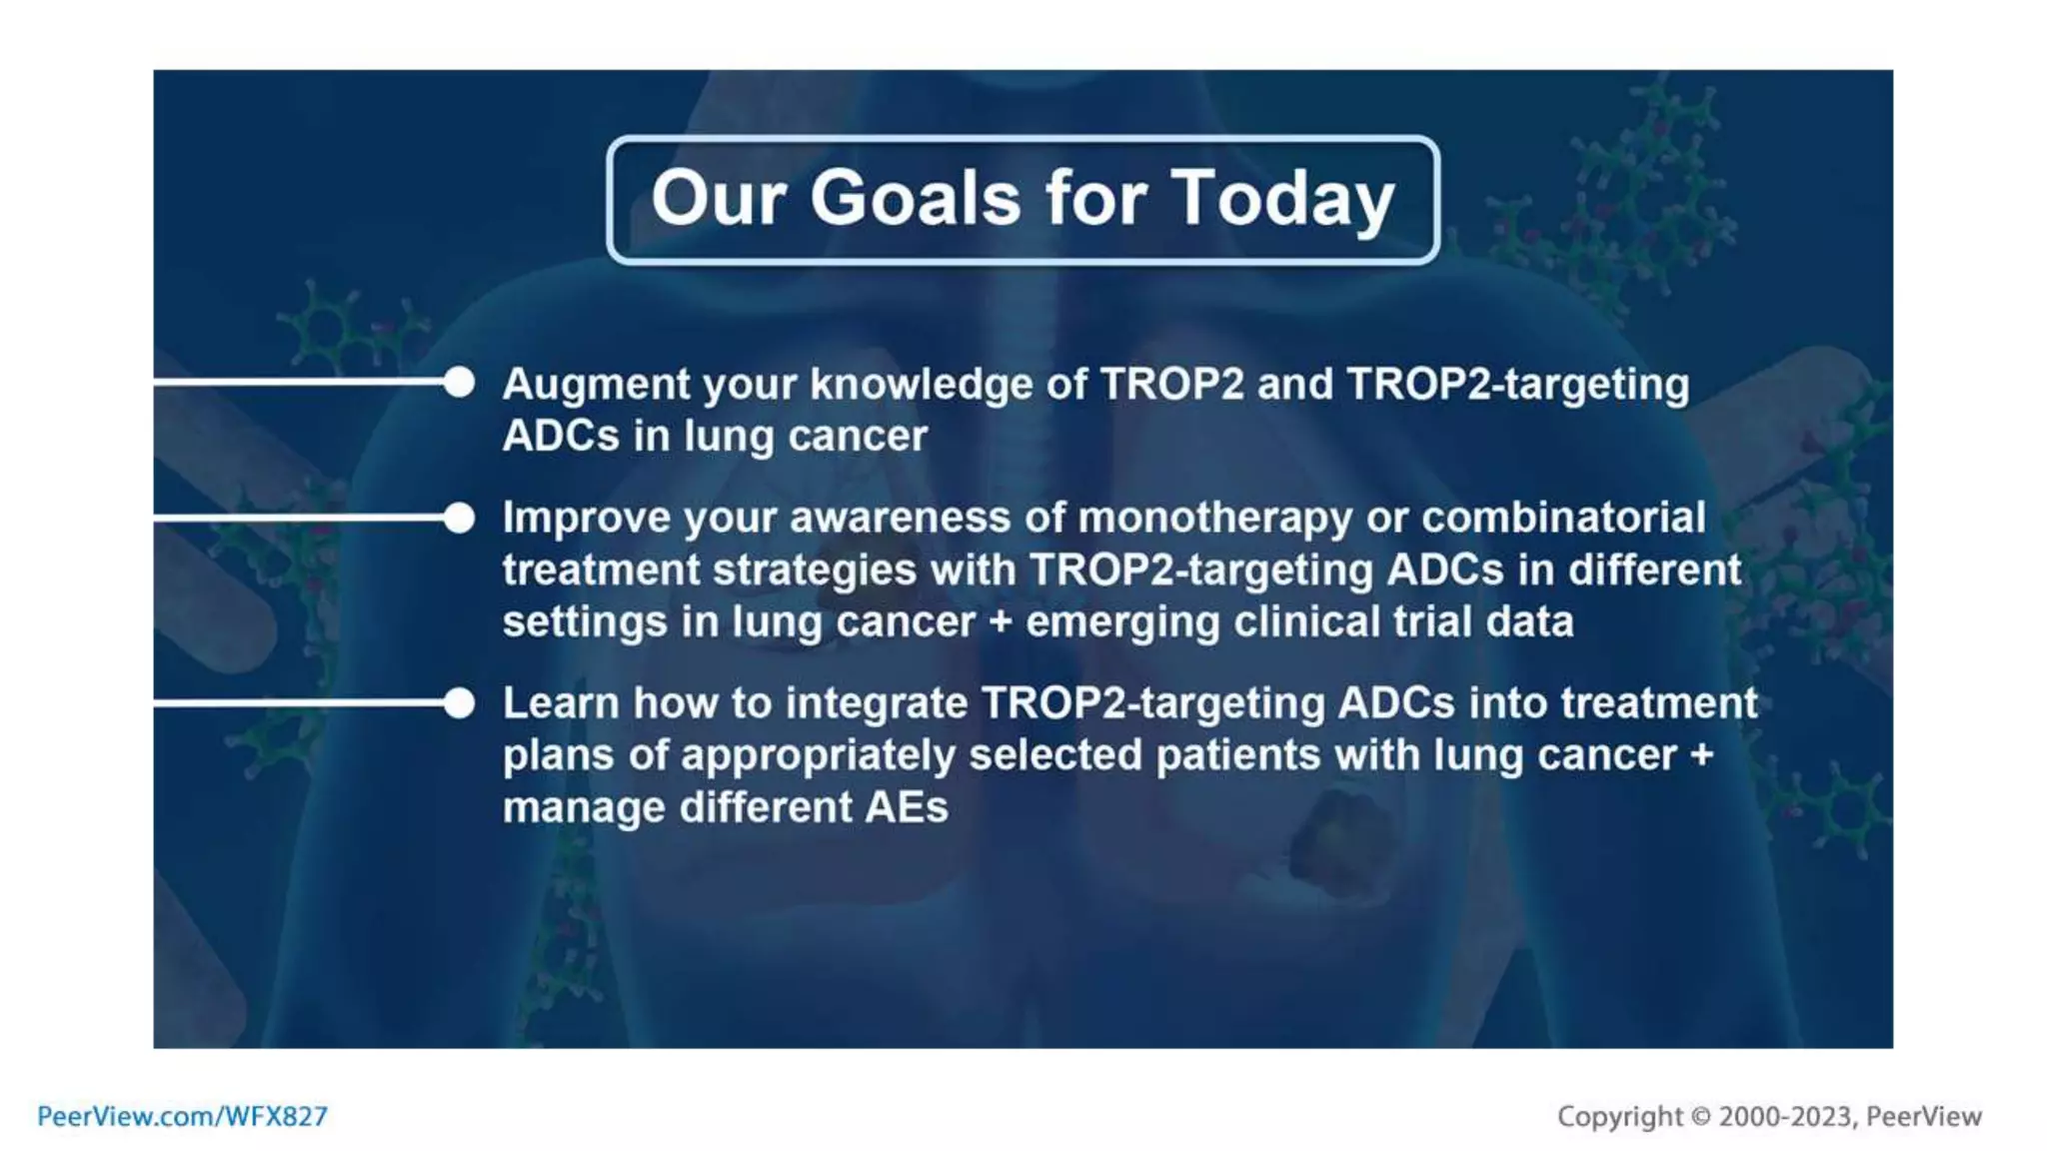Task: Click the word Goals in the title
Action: click(x=916, y=198)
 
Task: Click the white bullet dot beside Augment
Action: click(x=459, y=382)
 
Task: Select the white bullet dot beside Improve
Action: click(x=459, y=518)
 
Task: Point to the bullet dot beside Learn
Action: click(x=459, y=703)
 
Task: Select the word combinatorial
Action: click(x=1563, y=519)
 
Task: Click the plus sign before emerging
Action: click(x=1000, y=622)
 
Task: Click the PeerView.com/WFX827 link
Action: click(x=182, y=1116)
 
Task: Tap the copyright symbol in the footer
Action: click(x=1701, y=1116)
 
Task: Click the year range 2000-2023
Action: click(x=1785, y=1116)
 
